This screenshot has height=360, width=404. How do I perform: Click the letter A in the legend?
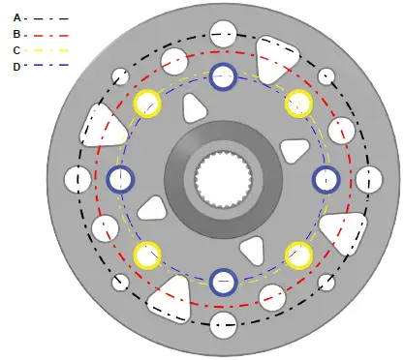tap(16, 18)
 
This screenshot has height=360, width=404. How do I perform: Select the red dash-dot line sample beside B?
tap(47, 35)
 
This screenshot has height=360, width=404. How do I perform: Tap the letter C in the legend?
tap(16, 50)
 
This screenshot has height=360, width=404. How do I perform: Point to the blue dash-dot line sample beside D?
tap(47, 66)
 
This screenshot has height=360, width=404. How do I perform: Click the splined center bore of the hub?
tap(223, 179)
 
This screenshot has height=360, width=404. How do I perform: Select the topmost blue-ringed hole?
tap(223, 76)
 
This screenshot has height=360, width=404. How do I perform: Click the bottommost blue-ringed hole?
tap(224, 283)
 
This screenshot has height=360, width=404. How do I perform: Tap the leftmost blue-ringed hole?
tap(120, 179)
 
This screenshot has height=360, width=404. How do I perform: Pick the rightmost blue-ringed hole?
tap(326, 180)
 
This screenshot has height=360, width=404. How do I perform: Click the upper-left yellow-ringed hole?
tap(147, 104)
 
